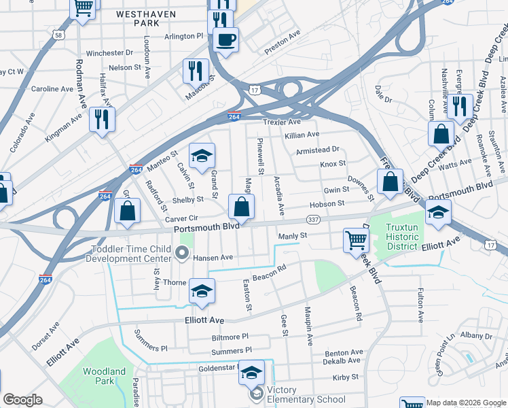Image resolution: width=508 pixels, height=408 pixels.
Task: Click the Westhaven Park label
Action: pyautogui.click(x=141, y=18)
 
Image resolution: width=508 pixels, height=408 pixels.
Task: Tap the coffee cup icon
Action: pyautogui.click(x=225, y=39)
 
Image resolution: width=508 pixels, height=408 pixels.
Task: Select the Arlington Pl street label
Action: pyautogui.click(x=183, y=36)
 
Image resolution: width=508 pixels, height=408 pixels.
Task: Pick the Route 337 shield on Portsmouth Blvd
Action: pyautogui.click(x=313, y=219)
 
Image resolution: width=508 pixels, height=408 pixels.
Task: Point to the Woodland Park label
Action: pyautogui.click(x=104, y=376)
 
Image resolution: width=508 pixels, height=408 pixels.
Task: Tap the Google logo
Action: pyautogui.click(x=22, y=400)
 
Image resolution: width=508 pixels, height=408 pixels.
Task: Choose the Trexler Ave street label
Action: pyautogui.click(x=281, y=122)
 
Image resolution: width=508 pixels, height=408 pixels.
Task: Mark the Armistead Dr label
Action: pyautogui.click(x=317, y=150)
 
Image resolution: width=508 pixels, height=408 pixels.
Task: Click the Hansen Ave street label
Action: pyautogui.click(x=213, y=258)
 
